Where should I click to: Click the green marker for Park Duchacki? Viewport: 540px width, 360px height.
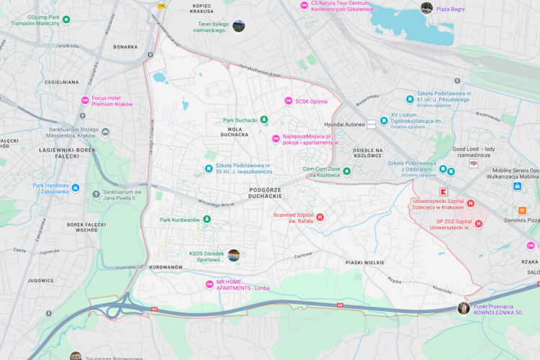click(x=264, y=120)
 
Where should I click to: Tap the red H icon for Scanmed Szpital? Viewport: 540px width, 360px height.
click(x=320, y=217)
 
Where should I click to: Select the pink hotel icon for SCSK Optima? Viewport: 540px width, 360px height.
click(x=289, y=101)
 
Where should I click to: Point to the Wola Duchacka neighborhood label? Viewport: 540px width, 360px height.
click(x=234, y=131)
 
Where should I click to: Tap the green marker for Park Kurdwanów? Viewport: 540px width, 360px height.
click(x=207, y=219)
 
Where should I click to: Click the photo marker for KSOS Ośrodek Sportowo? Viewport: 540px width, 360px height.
click(x=234, y=255)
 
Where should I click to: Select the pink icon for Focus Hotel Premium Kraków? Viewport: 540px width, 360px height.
click(x=85, y=99)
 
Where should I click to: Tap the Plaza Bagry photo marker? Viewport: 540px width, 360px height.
click(x=427, y=8)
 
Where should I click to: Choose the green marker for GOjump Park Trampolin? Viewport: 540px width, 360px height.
click(x=66, y=19)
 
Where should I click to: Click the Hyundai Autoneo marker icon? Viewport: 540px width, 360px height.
click(x=372, y=125)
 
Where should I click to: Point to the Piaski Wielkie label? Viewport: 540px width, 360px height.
click(x=365, y=264)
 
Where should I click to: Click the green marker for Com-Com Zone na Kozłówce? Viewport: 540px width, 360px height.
click(x=346, y=171)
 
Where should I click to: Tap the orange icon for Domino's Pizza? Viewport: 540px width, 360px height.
click(x=522, y=211)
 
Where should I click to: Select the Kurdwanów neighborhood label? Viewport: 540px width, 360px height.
click(x=166, y=267)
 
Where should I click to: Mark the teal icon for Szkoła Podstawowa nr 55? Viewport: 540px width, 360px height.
click(x=209, y=168)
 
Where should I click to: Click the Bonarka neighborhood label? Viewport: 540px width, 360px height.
click(x=125, y=47)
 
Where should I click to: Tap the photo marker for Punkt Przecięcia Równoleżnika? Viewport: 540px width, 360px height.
click(x=464, y=308)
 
